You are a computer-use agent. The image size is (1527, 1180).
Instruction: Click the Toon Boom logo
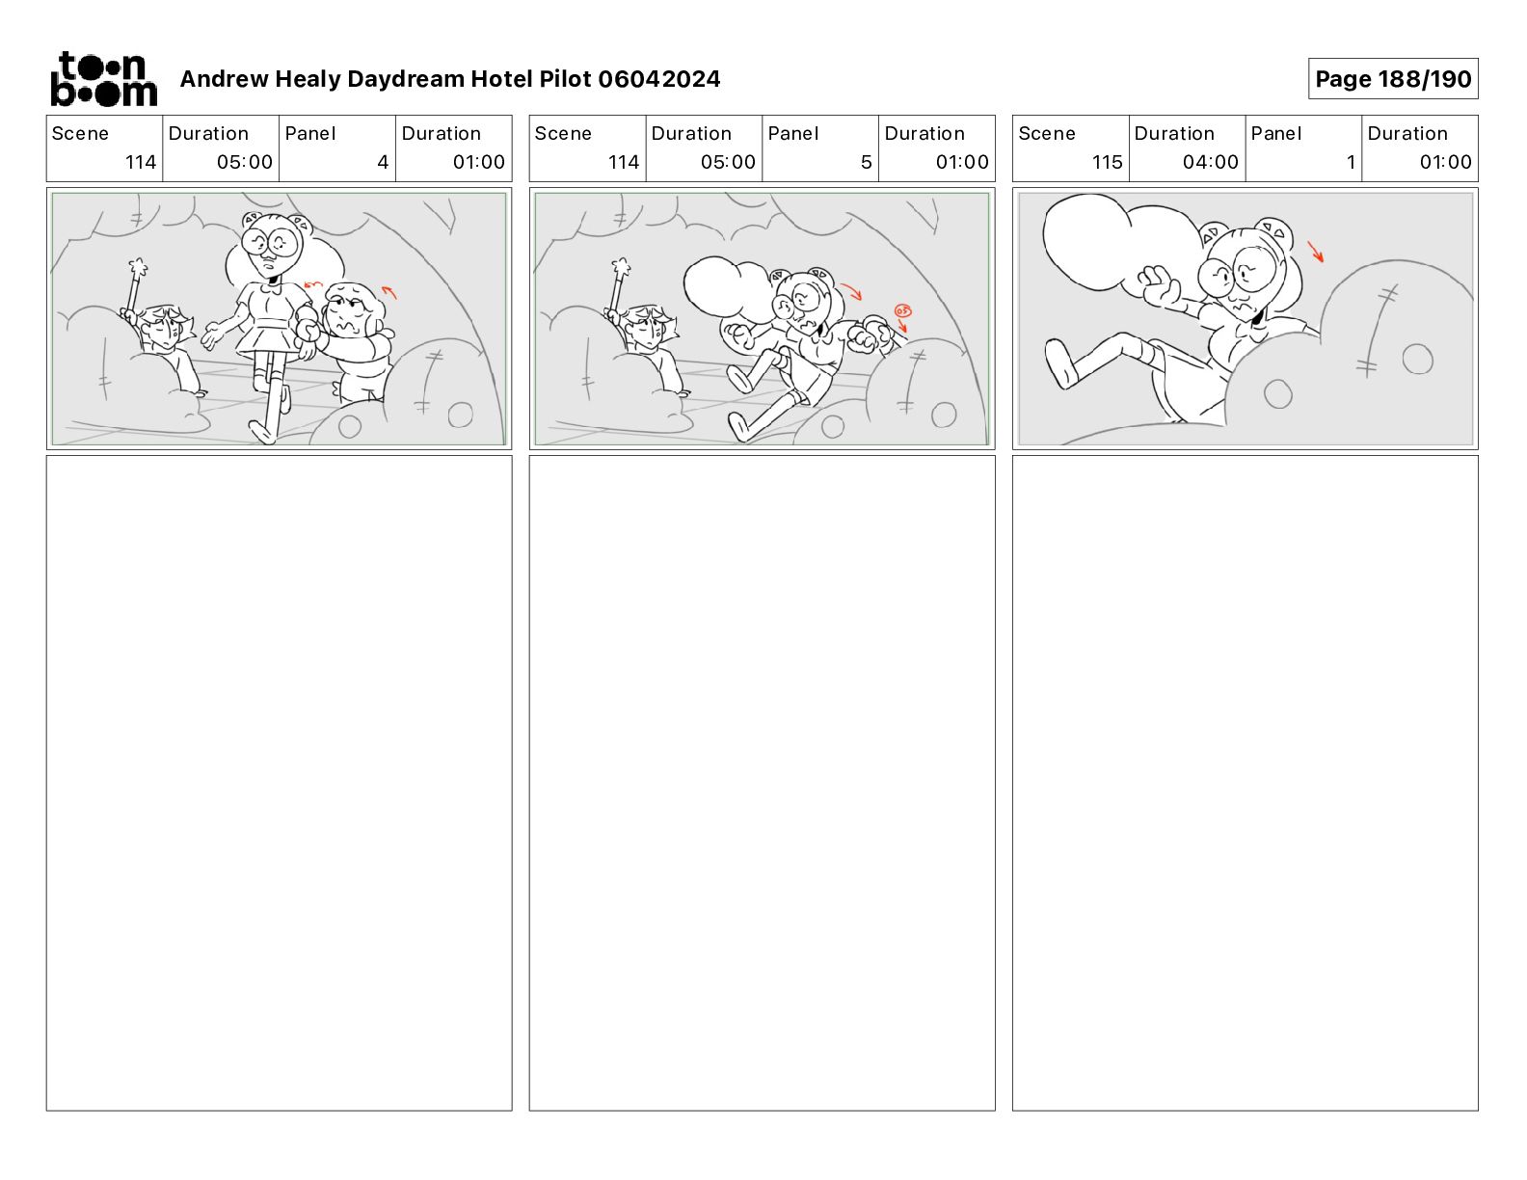click(103, 79)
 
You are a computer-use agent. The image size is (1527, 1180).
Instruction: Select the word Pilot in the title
click(565, 79)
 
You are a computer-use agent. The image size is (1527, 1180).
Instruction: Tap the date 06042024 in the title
click(658, 79)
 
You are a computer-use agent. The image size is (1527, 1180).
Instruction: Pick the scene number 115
click(1107, 162)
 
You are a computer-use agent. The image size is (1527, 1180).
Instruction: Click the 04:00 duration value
click(1210, 162)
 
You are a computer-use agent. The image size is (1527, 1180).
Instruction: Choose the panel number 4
click(383, 162)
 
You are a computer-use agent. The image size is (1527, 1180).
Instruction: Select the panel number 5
click(866, 162)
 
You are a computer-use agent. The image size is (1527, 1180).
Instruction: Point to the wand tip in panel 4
click(138, 268)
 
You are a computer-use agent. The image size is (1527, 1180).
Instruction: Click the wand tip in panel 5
click(621, 268)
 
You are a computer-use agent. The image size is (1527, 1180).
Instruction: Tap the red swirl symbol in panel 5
click(902, 310)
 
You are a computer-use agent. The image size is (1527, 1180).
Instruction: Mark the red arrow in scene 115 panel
click(1315, 252)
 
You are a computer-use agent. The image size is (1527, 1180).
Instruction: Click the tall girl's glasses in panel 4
click(272, 243)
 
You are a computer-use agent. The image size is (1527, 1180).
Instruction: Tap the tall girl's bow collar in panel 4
click(270, 286)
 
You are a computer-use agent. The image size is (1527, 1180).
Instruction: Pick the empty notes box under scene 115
click(1245, 783)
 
